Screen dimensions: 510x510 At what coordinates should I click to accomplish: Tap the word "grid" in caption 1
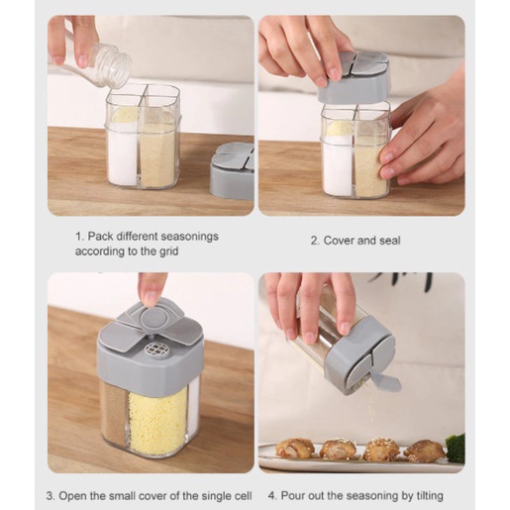[x=167, y=252]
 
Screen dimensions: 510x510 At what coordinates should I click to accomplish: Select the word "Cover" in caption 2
[x=340, y=241]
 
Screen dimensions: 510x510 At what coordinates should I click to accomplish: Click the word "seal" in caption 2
[x=390, y=241]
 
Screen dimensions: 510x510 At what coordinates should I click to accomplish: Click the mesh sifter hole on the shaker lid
[x=155, y=350]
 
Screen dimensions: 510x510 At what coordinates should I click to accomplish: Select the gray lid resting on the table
[x=232, y=171]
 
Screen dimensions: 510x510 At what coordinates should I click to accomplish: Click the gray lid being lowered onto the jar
[x=355, y=77]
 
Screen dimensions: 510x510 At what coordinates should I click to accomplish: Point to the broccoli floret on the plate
[x=456, y=447]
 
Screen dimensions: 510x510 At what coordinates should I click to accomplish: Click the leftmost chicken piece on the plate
[x=295, y=448]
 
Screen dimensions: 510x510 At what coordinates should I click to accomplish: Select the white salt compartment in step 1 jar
[x=123, y=154]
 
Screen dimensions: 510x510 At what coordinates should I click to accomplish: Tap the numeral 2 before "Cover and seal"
[x=313, y=241]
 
